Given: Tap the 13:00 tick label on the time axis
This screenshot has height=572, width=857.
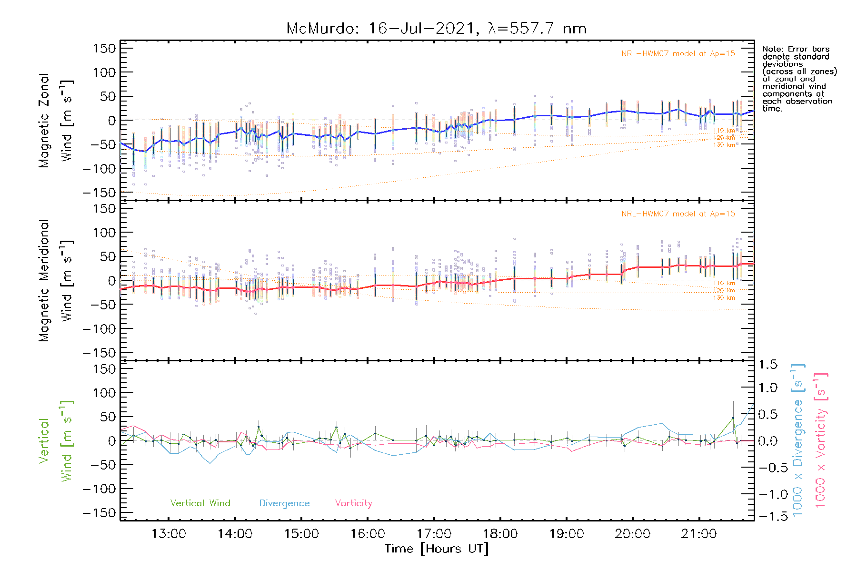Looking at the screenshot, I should tap(169, 533).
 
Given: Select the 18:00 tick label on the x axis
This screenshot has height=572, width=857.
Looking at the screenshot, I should tap(500, 533).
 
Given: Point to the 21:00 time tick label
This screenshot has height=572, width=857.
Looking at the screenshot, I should tap(698, 533).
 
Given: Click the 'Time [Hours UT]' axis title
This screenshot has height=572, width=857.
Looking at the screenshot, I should tap(437, 549).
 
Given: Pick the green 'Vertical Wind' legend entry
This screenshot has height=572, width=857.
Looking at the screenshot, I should tap(200, 503).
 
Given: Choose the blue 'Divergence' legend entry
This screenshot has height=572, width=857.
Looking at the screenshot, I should tap(284, 503).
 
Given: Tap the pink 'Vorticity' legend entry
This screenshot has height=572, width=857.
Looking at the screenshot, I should tap(353, 503).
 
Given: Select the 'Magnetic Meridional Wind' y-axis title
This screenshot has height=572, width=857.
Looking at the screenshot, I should tap(56, 281).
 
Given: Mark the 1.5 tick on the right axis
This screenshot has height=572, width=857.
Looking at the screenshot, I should tap(767, 365).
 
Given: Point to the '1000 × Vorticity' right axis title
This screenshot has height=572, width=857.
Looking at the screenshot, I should tap(821, 440).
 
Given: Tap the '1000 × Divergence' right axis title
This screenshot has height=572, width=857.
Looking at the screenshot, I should tap(797, 440).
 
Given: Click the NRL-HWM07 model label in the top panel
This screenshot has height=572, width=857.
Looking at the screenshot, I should tap(678, 54).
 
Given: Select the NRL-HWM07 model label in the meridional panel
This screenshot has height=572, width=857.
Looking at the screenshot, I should tap(678, 214).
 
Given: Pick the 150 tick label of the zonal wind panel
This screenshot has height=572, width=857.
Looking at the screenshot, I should tap(105, 48).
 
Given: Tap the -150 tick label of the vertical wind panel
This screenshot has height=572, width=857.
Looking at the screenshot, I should tap(100, 513).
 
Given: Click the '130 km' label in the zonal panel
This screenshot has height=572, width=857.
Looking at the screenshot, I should tap(724, 145).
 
